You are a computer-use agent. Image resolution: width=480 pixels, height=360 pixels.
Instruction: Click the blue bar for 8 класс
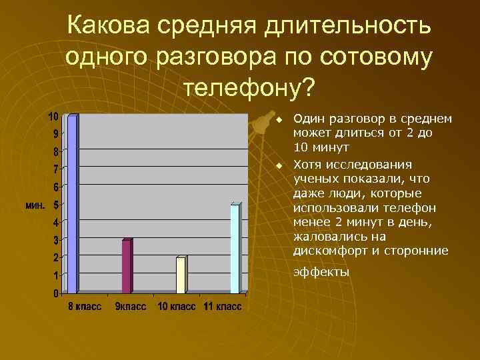point(73,204)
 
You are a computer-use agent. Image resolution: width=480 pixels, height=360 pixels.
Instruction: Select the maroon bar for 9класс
point(127,266)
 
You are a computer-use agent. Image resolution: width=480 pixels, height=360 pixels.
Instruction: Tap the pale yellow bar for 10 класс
point(181,275)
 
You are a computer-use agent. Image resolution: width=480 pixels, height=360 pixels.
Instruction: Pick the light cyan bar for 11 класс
point(235,249)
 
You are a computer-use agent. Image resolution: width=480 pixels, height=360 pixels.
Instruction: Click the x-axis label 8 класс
point(83,307)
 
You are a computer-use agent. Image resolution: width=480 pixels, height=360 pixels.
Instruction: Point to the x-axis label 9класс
point(131,307)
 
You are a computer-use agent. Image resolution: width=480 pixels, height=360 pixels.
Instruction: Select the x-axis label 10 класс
point(177,307)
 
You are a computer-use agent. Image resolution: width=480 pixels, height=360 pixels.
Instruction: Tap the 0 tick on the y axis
point(55,293)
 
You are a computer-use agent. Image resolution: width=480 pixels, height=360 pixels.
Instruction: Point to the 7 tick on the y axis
point(55,169)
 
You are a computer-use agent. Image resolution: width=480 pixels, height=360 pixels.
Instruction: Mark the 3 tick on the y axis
point(55,239)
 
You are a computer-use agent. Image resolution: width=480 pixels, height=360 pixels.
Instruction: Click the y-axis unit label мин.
point(35,205)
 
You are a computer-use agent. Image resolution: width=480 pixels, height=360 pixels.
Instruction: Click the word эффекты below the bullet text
point(321,272)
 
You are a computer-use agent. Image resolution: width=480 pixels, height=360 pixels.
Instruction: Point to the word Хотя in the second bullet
point(307,165)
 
